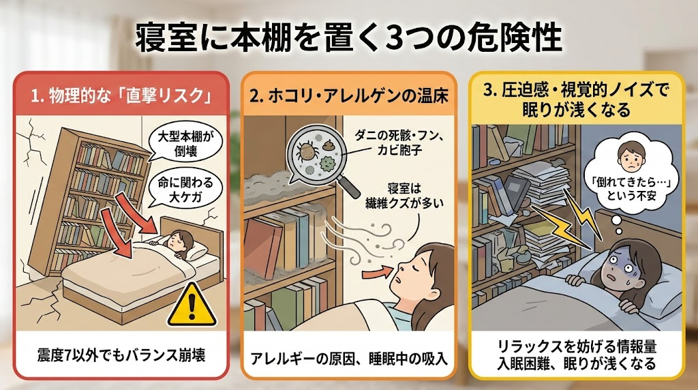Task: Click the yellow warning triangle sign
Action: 192,305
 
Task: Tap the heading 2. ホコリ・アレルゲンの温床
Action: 348,96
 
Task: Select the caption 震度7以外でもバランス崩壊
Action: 121,355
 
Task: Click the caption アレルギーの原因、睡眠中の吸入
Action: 349,359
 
